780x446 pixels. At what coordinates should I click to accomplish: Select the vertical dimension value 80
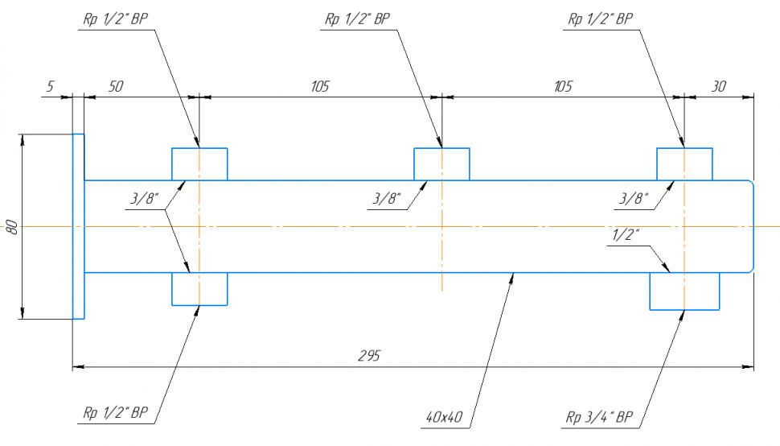click(x=12, y=226)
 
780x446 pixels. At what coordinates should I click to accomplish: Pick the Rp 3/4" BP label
click(x=599, y=417)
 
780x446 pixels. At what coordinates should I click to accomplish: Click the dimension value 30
click(x=719, y=87)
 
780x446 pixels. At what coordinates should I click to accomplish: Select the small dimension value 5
click(x=50, y=87)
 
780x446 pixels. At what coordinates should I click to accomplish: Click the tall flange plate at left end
click(x=79, y=226)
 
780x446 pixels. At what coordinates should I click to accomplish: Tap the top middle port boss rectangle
click(x=441, y=163)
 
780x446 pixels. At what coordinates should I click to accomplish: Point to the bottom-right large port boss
click(x=684, y=291)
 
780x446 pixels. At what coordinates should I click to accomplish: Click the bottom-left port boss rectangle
click(x=199, y=289)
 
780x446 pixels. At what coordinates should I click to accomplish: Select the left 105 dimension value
click(x=320, y=87)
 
